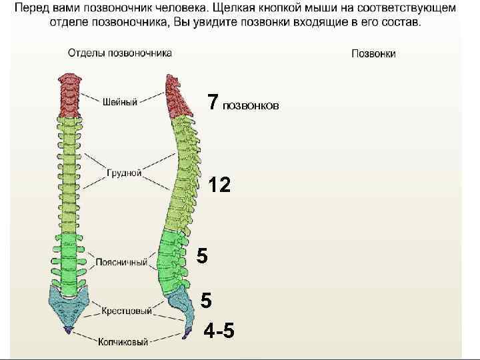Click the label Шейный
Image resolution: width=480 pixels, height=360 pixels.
pos(120,102)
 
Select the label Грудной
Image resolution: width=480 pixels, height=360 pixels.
pos(124,173)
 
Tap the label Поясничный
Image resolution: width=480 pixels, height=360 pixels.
pos(121,263)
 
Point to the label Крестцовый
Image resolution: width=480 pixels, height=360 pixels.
pos(127,311)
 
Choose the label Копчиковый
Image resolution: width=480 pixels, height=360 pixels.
pos(123,342)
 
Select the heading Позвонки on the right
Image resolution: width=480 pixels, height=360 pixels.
pos(373,54)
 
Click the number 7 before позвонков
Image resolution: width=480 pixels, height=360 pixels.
pos(213,102)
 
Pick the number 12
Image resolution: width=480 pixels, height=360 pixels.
pos(219,185)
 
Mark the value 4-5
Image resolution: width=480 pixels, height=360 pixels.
pos(219,331)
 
